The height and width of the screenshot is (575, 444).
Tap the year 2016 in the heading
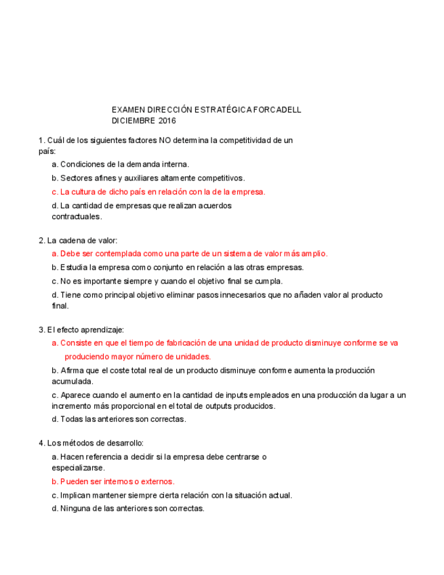coord(167,121)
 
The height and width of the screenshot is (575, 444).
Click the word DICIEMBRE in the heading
coord(134,121)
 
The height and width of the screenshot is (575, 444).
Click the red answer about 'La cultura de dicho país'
coord(159,192)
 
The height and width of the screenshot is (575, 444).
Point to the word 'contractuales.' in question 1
coord(77,217)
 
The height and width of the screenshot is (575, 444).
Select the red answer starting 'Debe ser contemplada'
coord(190,254)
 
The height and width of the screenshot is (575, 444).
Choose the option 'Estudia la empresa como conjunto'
coord(178,267)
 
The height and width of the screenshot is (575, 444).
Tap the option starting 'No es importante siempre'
coord(167,281)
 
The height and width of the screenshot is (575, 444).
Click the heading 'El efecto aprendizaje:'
coord(81,330)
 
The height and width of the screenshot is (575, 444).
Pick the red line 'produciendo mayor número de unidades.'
coord(138,356)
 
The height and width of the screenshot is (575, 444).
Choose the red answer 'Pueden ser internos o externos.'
coord(113,481)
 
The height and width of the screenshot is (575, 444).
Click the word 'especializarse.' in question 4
coord(78,468)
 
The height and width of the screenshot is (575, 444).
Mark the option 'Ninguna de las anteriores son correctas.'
coord(128,509)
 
